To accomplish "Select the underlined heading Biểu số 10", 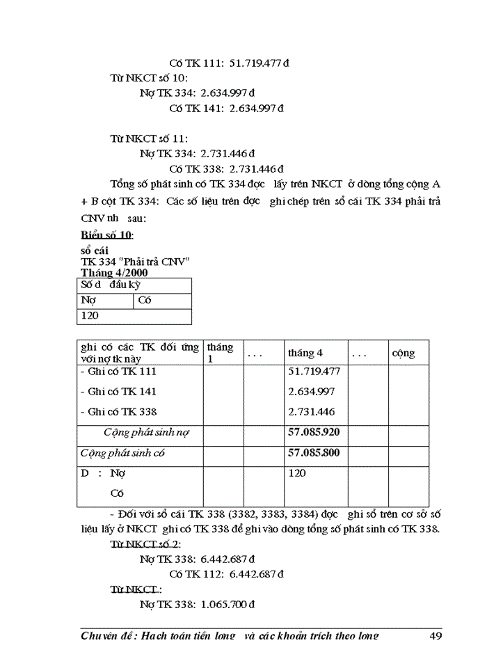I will click(x=106, y=234).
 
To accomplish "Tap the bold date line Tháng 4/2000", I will click(x=114, y=273).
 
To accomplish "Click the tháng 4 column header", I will click(x=305, y=353).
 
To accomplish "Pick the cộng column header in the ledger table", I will click(x=404, y=353).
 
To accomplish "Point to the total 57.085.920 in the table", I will click(x=314, y=432).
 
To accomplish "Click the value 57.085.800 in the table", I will click(x=314, y=453).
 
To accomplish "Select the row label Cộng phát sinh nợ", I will click(x=147, y=432).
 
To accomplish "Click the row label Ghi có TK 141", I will click(x=119, y=392).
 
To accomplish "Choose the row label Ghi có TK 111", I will click(x=119, y=372).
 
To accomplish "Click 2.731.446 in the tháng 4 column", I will click(x=312, y=412).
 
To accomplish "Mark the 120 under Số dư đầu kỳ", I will click(x=90, y=315).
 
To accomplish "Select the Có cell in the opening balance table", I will click(x=145, y=301).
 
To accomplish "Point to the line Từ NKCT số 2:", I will click(x=145, y=543).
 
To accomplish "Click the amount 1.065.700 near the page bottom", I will click(x=227, y=605).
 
